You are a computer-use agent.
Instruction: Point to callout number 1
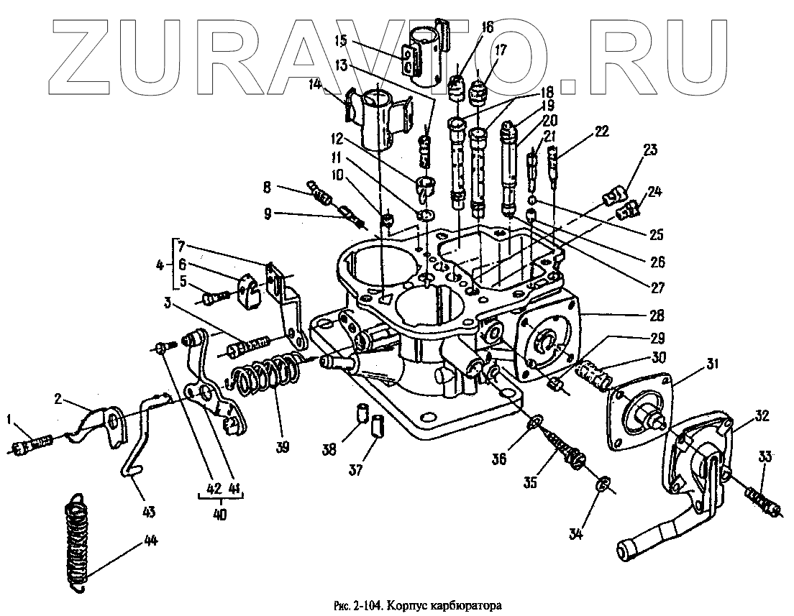click(x=10, y=419)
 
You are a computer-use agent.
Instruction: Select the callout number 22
click(x=602, y=132)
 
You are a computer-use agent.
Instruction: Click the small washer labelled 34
click(x=603, y=486)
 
